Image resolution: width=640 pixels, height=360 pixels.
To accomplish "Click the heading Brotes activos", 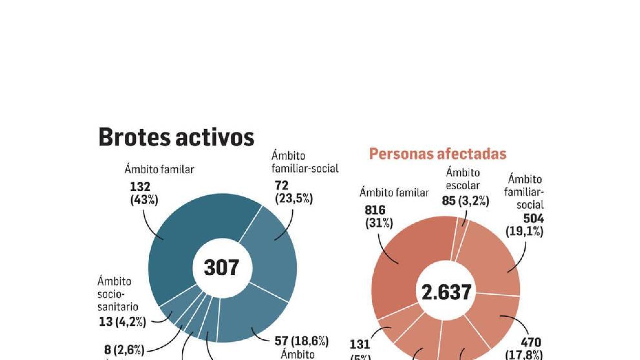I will pos(176,137).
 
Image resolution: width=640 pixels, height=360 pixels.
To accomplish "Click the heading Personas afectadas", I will pos(437,154).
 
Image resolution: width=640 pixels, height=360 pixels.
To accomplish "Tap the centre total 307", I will pos(222,267).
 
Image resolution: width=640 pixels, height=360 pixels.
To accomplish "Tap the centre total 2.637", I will pos(446,292).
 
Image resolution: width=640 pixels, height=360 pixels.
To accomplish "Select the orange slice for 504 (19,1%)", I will pos(490,260).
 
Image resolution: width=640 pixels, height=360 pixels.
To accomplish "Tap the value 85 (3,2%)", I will pos(465,201).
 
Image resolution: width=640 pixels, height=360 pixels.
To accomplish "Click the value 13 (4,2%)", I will pos(122,322).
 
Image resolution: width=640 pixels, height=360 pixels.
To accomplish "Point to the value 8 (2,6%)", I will pos(124,350).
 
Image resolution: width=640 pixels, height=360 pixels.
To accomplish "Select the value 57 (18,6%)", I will pos(301,341).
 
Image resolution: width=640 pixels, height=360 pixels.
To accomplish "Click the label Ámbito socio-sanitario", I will pos(117,294).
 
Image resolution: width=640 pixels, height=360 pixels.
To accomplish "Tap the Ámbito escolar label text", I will pos(463,179).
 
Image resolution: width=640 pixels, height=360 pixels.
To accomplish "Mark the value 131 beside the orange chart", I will pos(360,344).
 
